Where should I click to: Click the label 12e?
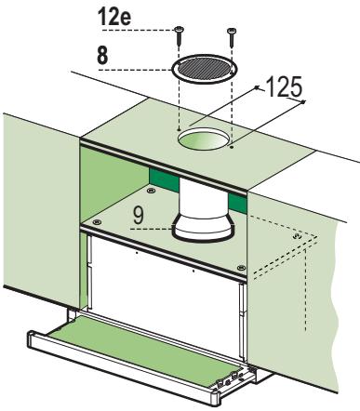pos(114,17)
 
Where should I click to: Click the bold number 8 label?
pos(102,55)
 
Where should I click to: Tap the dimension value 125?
pos(284,86)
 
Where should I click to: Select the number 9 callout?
pos(138,215)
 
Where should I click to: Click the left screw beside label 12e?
pos(179,35)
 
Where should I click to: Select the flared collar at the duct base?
pos(203,230)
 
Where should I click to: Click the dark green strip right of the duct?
pos(237,203)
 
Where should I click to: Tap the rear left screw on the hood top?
pos(152,190)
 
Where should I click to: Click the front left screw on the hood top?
pos(97,221)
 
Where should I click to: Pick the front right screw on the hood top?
pos(241,267)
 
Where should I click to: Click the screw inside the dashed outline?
pos(297,236)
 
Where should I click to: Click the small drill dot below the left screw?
pos(179,129)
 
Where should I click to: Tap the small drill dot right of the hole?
pos(232,147)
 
